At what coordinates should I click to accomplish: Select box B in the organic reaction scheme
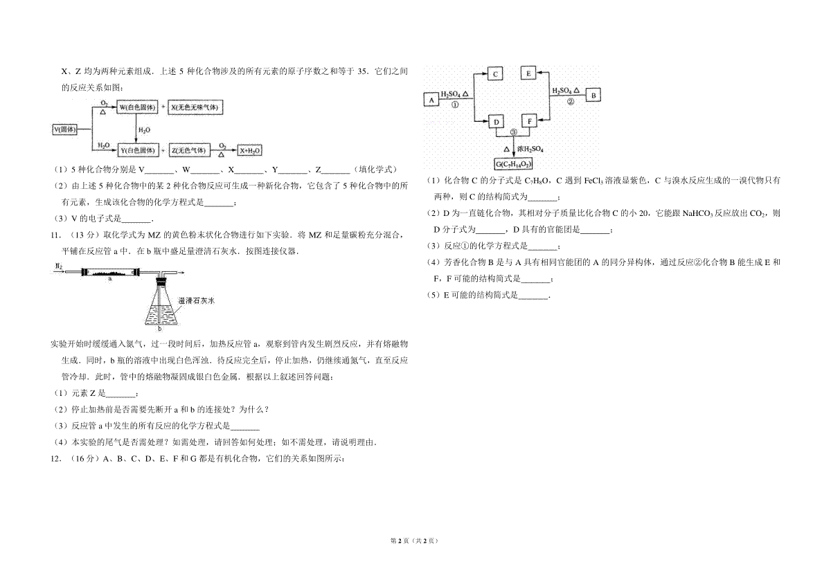click(594, 95)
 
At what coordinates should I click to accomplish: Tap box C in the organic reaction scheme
click(496, 73)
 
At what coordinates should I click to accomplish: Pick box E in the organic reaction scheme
click(528, 73)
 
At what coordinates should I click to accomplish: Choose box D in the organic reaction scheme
click(496, 122)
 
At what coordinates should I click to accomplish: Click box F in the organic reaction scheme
click(528, 122)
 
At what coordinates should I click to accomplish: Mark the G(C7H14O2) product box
click(513, 164)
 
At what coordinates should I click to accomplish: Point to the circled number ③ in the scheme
click(513, 132)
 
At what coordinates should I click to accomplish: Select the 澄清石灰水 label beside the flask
click(197, 301)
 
